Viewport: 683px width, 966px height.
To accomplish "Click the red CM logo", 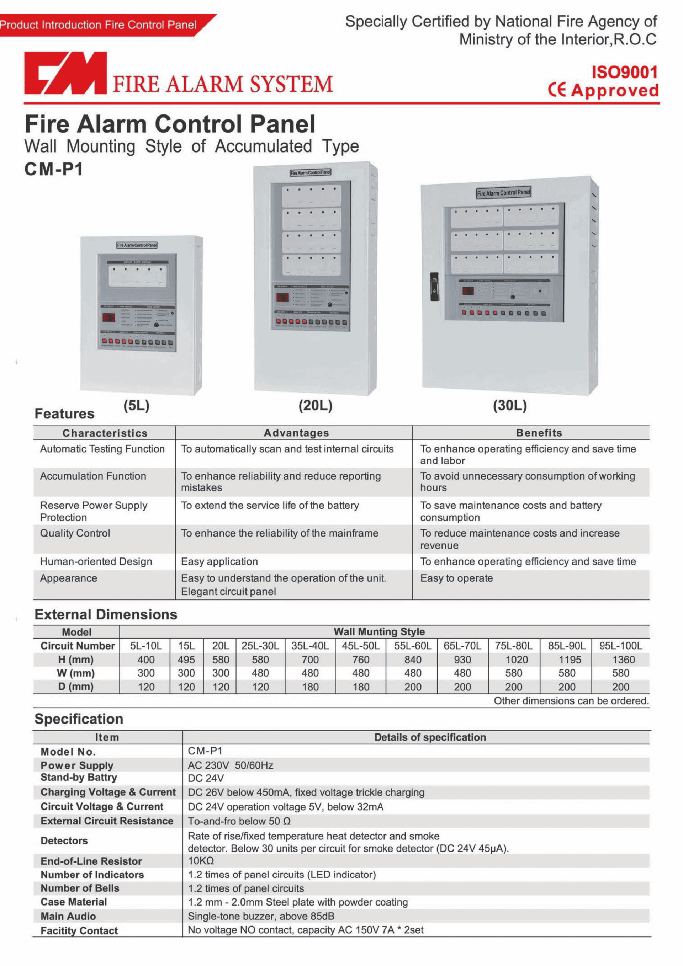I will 65,73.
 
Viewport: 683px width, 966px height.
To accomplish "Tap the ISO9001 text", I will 624,73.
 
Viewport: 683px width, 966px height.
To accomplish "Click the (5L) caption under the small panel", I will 137,406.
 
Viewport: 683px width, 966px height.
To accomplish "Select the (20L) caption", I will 316,406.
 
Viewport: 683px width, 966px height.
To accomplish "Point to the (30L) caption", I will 510,406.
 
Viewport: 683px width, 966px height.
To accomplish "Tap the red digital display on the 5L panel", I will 108,317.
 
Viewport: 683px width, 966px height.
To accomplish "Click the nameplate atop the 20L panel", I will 311,172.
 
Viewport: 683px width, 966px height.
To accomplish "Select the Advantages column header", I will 296,433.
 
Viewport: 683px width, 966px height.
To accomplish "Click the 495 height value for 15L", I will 186,660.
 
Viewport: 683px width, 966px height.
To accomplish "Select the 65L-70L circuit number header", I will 462,646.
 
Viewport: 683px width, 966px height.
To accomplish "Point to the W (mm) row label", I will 76,673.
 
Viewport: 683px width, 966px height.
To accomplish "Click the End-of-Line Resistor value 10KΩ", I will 201,860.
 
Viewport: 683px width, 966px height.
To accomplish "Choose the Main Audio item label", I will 68,916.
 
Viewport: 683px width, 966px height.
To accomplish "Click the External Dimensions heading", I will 106,615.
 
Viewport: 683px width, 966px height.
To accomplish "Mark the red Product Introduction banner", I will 99,25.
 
